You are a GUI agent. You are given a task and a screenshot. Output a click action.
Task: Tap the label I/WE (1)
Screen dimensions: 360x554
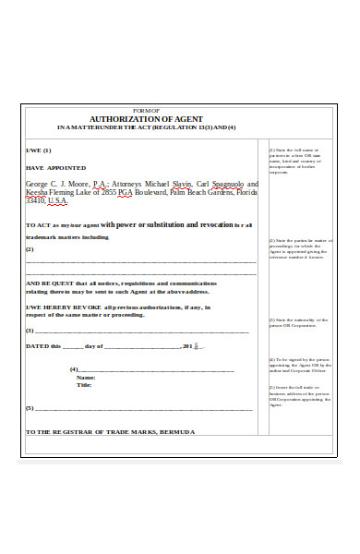pos(38,150)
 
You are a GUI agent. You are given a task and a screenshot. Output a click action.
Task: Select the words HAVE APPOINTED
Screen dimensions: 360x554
pos(55,168)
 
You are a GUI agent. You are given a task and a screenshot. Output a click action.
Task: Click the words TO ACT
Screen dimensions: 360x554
pos(38,225)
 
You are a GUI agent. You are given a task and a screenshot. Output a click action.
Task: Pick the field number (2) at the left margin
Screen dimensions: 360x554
pos(30,249)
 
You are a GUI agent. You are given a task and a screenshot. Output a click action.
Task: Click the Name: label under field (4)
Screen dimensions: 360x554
pos(85,378)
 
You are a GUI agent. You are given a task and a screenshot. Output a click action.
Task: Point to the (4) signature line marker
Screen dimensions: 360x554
pos(74,369)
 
